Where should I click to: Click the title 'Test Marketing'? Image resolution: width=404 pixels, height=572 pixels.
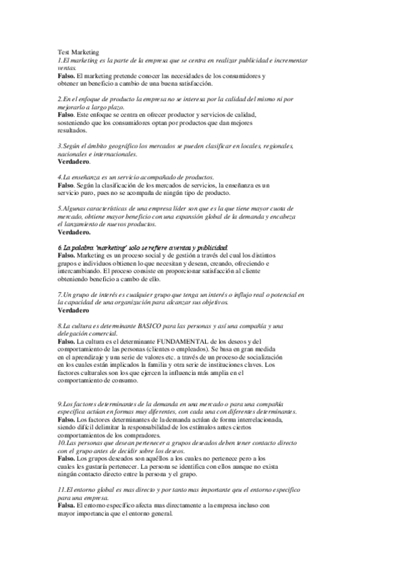78,52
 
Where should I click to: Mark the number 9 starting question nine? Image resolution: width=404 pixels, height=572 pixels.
59,403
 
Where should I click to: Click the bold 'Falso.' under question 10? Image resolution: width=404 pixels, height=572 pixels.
66,459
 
